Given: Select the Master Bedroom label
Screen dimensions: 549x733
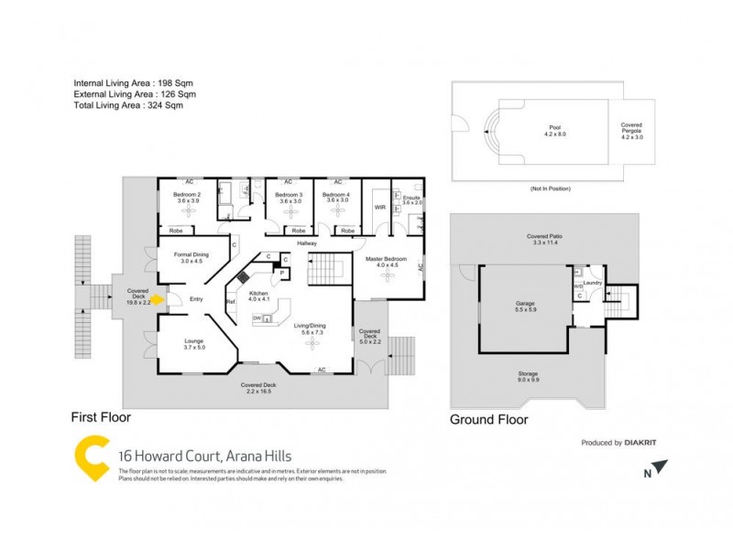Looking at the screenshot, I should tap(386, 259).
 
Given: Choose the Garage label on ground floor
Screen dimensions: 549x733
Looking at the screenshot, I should tap(525, 303).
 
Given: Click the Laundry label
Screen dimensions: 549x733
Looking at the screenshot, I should tap(592, 283).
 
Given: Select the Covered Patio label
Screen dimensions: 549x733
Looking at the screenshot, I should tap(543, 238).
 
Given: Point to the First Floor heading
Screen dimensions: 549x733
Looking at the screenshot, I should tap(101, 416).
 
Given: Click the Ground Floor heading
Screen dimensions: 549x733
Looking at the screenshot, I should tap(488, 420).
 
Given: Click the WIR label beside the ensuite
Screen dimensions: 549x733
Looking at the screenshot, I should tap(379, 208).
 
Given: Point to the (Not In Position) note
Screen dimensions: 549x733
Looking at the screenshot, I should tap(550, 188).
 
